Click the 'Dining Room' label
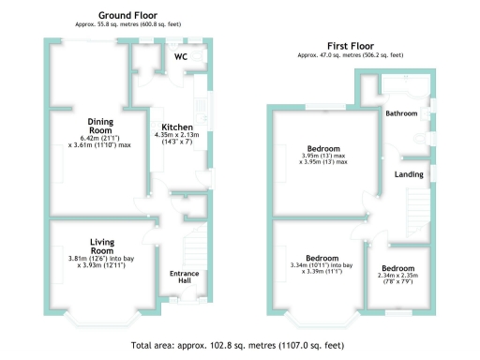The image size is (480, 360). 100,127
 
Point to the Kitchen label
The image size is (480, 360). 177,127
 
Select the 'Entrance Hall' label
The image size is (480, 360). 184,277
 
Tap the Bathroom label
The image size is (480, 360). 401,112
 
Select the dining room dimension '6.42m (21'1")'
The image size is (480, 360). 100,140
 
